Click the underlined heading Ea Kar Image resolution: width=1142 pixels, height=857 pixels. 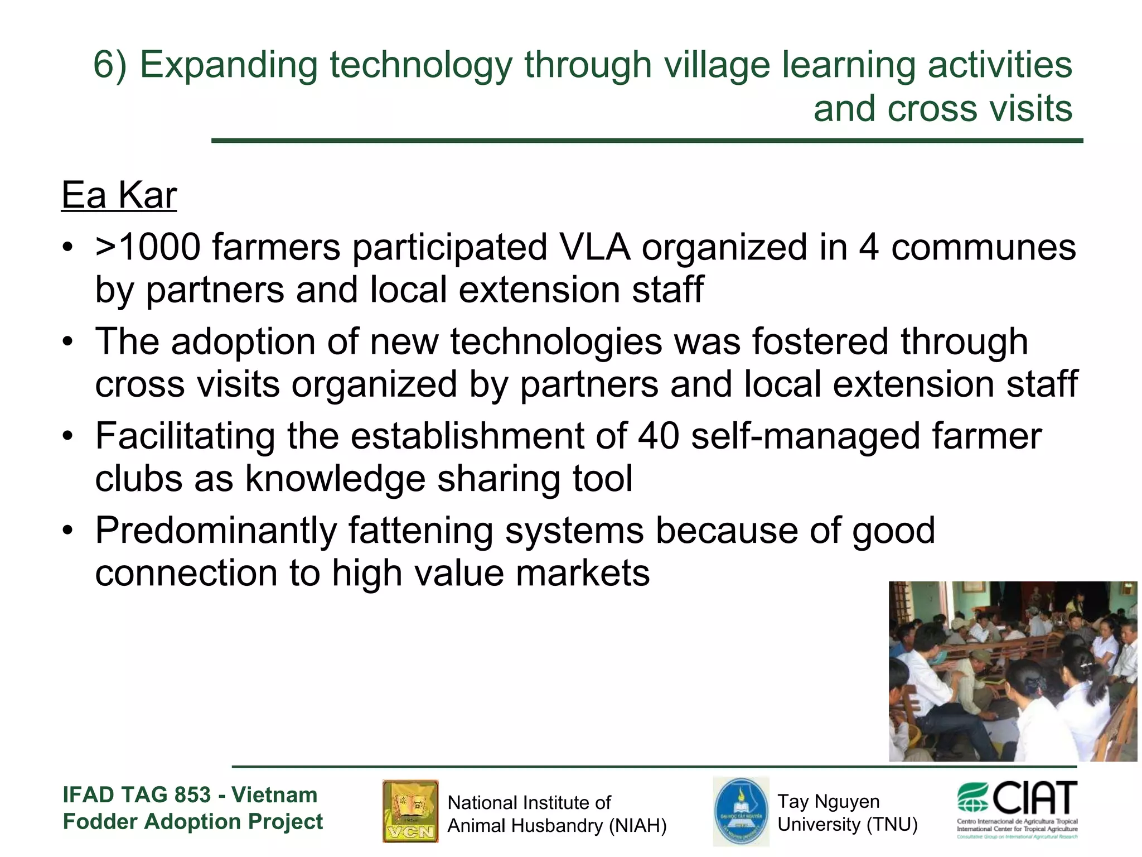coord(119,195)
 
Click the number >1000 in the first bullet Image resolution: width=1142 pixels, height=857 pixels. coord(148,247)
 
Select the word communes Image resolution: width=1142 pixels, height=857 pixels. coord(983,247)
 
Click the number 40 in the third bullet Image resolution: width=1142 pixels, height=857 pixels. coord(659,436)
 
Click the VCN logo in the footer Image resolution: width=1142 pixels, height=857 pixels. coord(410,811)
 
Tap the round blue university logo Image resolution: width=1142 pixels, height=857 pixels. coord(741,812)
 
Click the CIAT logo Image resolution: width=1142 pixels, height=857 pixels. coord(1017,809)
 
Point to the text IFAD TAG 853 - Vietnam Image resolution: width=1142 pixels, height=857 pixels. coord(190,795)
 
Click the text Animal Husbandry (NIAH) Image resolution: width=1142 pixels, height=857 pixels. coord(557,825)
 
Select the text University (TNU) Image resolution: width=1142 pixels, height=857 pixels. coord(847,824)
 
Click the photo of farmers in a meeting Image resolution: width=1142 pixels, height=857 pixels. coord(1013,671)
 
